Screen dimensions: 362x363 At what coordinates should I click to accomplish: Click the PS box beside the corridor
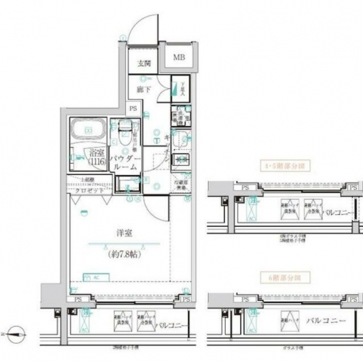(133, 109)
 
